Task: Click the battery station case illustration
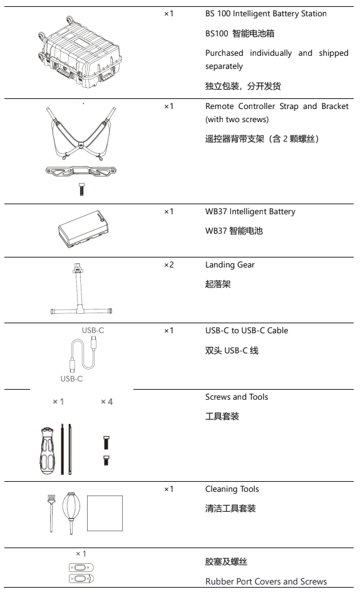click(80, 52)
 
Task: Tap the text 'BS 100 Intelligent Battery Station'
click(266, 14)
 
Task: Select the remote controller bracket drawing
click(81, 171)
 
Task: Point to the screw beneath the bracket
click(81, 189)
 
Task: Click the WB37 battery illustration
click(83, 229)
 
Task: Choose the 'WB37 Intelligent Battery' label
click(250, 212)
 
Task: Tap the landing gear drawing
click(81, 288)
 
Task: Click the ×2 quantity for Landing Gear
click(168, 264)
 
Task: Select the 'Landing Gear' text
click(230, 265)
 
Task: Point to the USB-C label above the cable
click(93, 330)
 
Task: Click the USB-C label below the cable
click(71, 378)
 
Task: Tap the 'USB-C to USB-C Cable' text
click(247, 331)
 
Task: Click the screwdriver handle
click(47, 451)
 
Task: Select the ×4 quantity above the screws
click(107, 402)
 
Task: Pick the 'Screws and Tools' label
click(237, 397)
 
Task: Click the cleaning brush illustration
click(51, 514)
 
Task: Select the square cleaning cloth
click(105, 513)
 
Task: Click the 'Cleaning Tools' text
click(232, 489)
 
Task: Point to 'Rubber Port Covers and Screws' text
click(266, 581)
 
